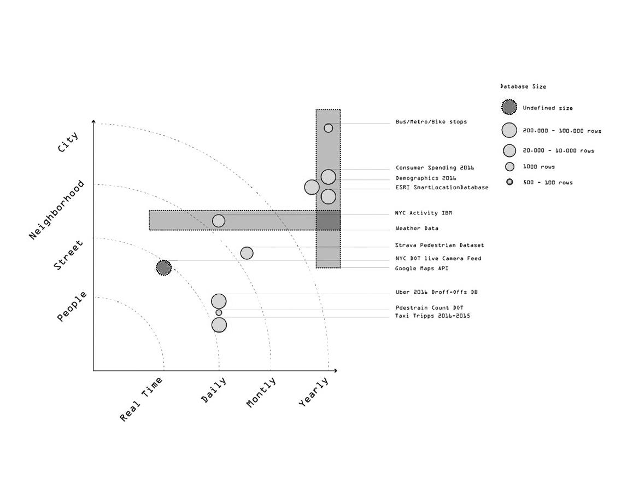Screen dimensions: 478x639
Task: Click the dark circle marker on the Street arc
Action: (x=163, y=267)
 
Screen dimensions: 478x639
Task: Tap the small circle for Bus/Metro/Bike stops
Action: (x=328, y=128)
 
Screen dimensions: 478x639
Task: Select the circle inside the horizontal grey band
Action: (x=218, y=220)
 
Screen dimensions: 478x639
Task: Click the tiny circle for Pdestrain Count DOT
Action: (x=219, y=312)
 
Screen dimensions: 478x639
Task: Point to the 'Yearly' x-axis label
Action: (x=314, y=392)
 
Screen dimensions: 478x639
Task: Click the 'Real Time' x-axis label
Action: (x=142, y=399)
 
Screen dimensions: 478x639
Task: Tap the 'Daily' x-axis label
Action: (x=214, y=390)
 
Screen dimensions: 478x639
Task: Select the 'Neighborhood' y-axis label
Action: (x=57, y=210)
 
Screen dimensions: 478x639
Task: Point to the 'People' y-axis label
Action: (x=72, y=306)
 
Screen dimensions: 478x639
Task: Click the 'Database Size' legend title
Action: (x=523, y=86)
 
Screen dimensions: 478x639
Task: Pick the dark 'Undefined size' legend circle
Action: (x=509, y=107)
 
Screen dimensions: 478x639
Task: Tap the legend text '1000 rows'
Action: (x=538, y=166)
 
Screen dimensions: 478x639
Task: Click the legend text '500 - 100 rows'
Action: (x=547, y=182)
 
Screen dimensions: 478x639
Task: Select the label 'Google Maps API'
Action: (x=421, y=269)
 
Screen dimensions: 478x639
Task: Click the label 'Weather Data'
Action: (x=417, y=229)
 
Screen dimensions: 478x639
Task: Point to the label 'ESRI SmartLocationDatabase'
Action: (x=442, y=187)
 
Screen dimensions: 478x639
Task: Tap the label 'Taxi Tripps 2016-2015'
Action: (x=432, y=316)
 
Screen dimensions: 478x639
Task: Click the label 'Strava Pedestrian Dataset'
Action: (x=439, y=246)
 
